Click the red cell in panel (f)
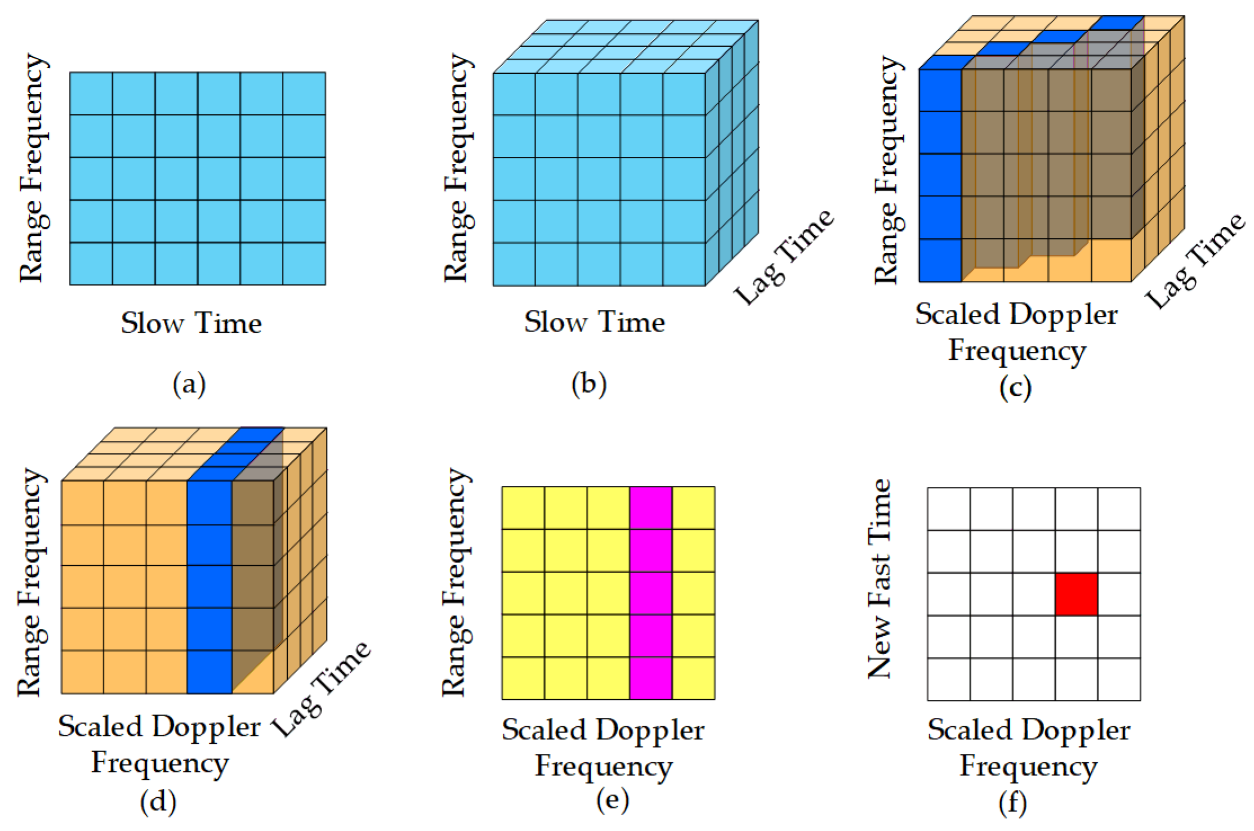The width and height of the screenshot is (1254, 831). [x=1076, y=594]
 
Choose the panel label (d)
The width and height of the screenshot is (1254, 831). [x=158, y=802]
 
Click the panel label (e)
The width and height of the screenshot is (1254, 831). [x=612, y=800]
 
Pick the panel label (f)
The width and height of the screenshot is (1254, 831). [x=1012, y=803]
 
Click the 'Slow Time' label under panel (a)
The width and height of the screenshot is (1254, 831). [x=191, y=323]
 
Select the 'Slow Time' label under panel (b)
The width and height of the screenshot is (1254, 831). [x=595, y=322]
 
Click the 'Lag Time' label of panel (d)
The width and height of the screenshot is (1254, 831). [x=322, y=688]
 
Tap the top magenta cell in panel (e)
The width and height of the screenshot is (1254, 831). [x=650, y=508]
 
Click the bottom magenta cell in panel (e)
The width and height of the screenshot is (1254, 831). [x=650, y=678]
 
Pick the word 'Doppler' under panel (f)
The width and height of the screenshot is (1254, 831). [x=1076, y=730]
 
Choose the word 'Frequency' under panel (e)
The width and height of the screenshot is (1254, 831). [x=604, y=766]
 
